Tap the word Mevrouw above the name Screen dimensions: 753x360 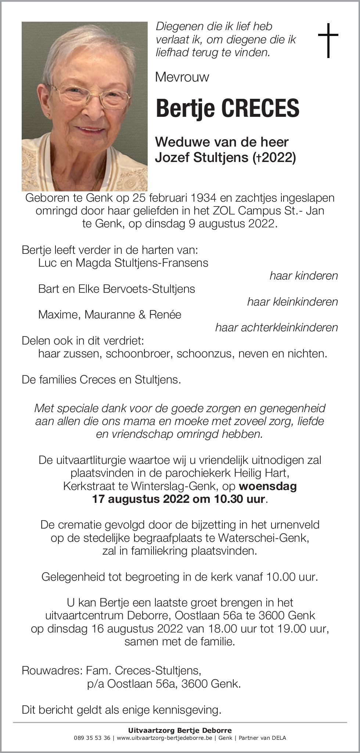(x=182, y=77)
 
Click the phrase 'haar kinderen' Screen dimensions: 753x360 (x=303, y=276)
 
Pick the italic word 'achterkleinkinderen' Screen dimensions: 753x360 (x=289, y=327)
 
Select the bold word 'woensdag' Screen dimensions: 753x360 (x=268, y=486)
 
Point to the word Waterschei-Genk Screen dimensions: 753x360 (x=263, y=538)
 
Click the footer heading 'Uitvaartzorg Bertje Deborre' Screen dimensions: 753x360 (x=180, y=731)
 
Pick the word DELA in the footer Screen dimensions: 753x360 (x=279, y=738)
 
